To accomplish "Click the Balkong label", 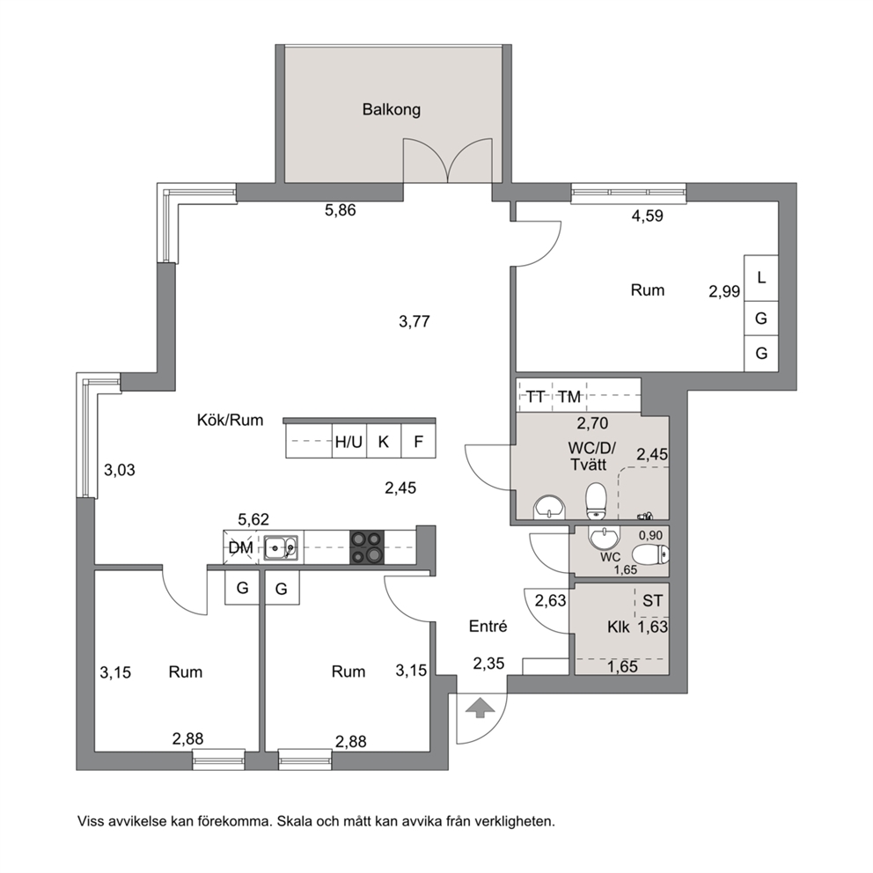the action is click(392, 110).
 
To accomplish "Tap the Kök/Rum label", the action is click(230, 420).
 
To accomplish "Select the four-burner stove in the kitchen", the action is click(367, 547).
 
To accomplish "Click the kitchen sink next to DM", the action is click(281, 548).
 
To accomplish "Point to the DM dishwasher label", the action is click(240, 548).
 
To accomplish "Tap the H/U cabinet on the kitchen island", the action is click(349, 442).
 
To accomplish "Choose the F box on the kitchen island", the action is click(419, 442).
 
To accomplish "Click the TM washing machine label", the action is click(569, 396).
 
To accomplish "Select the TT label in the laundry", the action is click(536, 396).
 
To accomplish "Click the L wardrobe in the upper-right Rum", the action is click(761, 277).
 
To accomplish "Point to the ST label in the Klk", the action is click(652, 601).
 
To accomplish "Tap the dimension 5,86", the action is click(341, 210).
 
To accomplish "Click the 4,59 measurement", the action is click(648, 216).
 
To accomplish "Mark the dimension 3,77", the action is click(414, 321).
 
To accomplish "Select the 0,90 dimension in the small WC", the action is click(650, 536).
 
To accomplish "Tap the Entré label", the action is click(488, 627).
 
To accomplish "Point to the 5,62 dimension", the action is click(253, 519).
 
